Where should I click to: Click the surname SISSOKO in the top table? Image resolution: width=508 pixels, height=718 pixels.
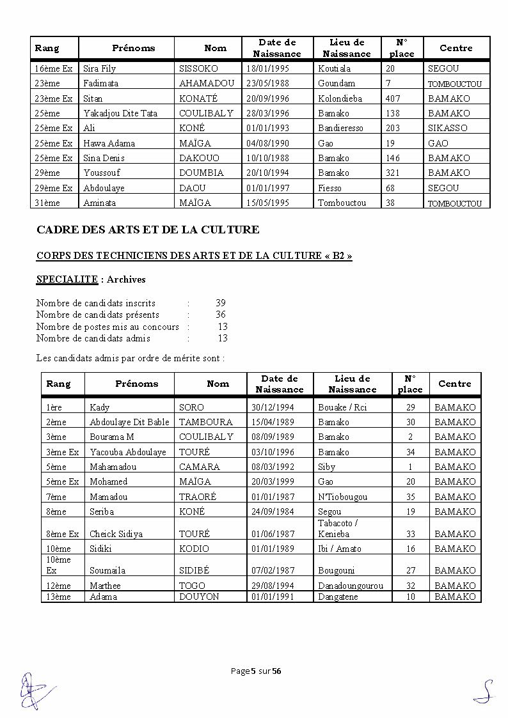[x=198, y=68]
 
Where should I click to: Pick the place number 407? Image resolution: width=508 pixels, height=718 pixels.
[x=393, y=98]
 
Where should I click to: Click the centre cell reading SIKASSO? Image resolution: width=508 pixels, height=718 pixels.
[x=447, y=128]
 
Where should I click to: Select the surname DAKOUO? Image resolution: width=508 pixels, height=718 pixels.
[x=199, y=158]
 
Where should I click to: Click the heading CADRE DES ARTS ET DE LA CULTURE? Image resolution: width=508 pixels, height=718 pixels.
[x=148, y=229]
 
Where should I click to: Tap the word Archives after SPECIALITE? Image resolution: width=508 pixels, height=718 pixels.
[x=126, y=279]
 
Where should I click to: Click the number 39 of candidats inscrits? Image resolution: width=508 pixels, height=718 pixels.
[x=221, y=303]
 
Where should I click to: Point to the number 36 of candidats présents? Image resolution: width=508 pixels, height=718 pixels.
[x=221, y=315]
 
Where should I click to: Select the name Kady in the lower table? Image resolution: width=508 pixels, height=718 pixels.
[x=100, y=407]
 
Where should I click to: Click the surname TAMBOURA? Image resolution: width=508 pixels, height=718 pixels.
[x=206, y=422]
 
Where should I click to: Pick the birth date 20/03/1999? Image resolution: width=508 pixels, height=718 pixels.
[x=273, y=481]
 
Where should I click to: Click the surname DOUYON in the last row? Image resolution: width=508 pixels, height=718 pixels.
[x=199, y=597]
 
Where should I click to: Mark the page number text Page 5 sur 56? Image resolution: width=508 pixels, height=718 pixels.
[x=256, y=671]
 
